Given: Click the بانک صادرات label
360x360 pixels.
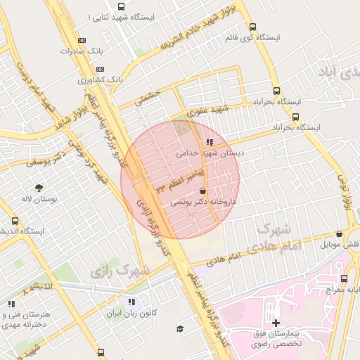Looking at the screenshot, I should point(77,51).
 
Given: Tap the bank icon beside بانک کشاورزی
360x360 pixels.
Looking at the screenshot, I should point(100,69).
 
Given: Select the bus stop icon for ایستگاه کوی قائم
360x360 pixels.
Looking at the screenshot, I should point(252,27).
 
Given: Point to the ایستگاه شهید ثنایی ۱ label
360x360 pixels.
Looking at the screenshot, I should point(120,15).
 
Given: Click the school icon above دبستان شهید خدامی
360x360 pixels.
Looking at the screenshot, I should point(210,142).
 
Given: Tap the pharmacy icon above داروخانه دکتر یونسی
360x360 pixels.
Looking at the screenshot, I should point(203,191).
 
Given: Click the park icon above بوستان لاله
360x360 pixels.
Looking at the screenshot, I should point(38,188).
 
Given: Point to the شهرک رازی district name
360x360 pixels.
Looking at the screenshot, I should point(121,269).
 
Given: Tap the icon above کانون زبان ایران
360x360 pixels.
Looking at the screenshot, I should point(129,302).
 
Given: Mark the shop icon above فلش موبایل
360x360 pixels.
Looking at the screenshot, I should point(339,234).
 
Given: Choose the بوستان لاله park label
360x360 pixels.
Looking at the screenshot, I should point(37,199).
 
